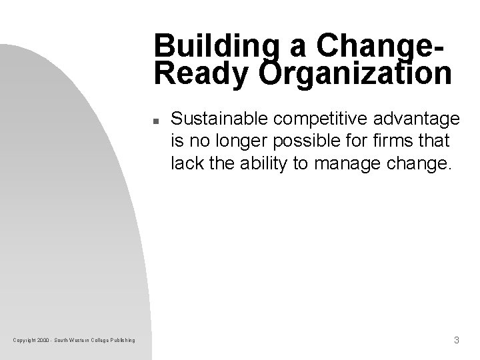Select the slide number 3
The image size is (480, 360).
456,341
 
